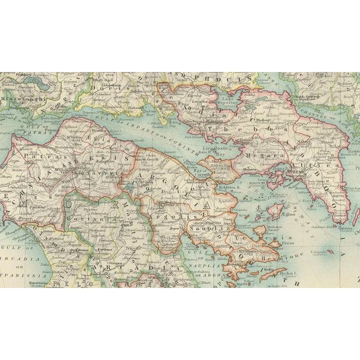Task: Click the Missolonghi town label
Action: click(21, 96)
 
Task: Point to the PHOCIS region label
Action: click(217, 79)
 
